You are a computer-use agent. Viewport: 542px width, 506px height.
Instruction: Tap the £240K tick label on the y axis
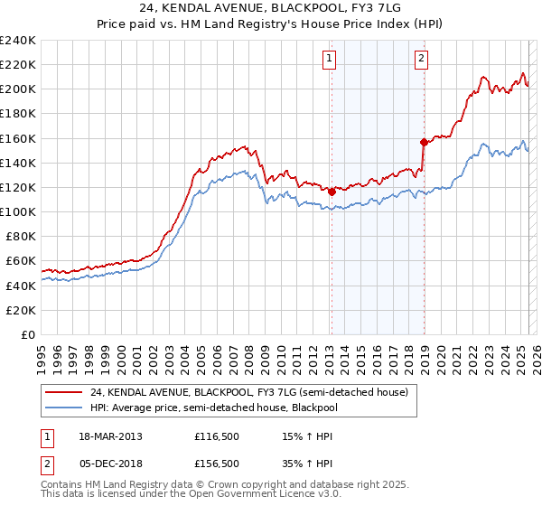pos(18,41)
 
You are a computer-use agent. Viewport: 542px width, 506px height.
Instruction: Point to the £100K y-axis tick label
pos(18,211)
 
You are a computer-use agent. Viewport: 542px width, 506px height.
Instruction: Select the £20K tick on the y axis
pos(21,310)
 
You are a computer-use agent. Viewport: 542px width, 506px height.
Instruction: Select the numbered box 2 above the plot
pos(422,60)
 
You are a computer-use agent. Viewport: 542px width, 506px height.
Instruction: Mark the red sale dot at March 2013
pos(332,191)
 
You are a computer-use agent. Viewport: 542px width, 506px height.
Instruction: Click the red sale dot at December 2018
pos(424,142)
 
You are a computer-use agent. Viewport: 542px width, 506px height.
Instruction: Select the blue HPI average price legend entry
pos(226,408)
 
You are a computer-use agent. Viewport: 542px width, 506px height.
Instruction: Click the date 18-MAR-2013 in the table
pos(110,436)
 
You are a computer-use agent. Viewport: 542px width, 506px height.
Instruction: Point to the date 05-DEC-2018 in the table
pos(110,464)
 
